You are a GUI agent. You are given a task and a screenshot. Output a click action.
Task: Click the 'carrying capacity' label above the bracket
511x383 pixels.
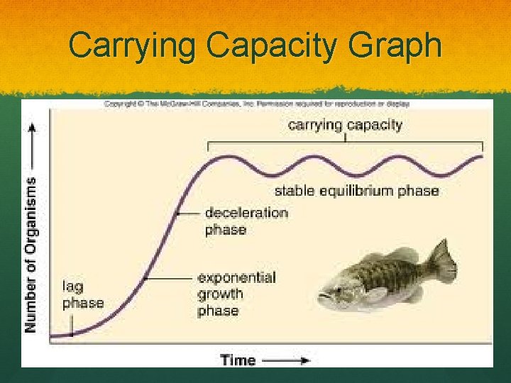[x=345, y=126]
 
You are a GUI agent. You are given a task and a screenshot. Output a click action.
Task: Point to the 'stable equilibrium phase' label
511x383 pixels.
[x=356, y=191]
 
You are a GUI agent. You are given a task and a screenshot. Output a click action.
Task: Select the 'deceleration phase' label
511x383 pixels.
[x=246, y=221]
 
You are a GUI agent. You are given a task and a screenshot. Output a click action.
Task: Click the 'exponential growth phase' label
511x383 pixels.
[x=236, y=294]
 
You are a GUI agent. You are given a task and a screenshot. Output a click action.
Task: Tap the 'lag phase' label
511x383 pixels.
[x=82, y=295]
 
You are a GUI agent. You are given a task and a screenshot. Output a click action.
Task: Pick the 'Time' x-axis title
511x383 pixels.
[x=238, y=360]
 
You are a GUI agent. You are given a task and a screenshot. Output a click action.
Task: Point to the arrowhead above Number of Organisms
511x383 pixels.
[x=31, y=128]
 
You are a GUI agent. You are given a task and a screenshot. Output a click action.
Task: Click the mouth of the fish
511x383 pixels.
[x=322, y=296]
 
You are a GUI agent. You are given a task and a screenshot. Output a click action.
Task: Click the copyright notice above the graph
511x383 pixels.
[x=257, y=104]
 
